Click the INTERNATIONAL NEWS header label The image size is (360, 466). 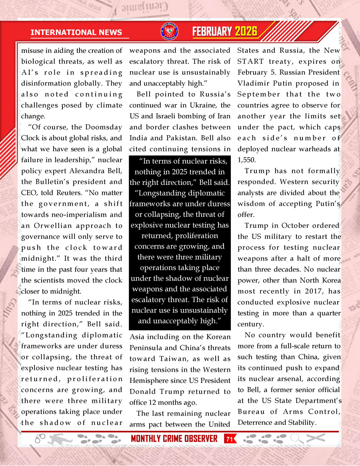tap(80, 32)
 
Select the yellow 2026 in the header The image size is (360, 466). tap(246, 32)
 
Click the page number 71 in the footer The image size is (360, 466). tap(229, 439)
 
